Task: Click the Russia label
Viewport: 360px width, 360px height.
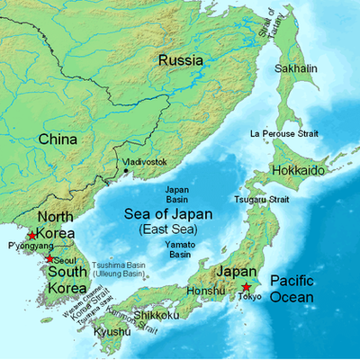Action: pyautogui.click(x=180, y=60)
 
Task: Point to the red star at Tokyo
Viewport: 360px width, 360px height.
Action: pyautogui.click(x=245, y=287)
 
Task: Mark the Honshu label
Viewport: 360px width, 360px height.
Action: pyautogui.click(x=203, y=291)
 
